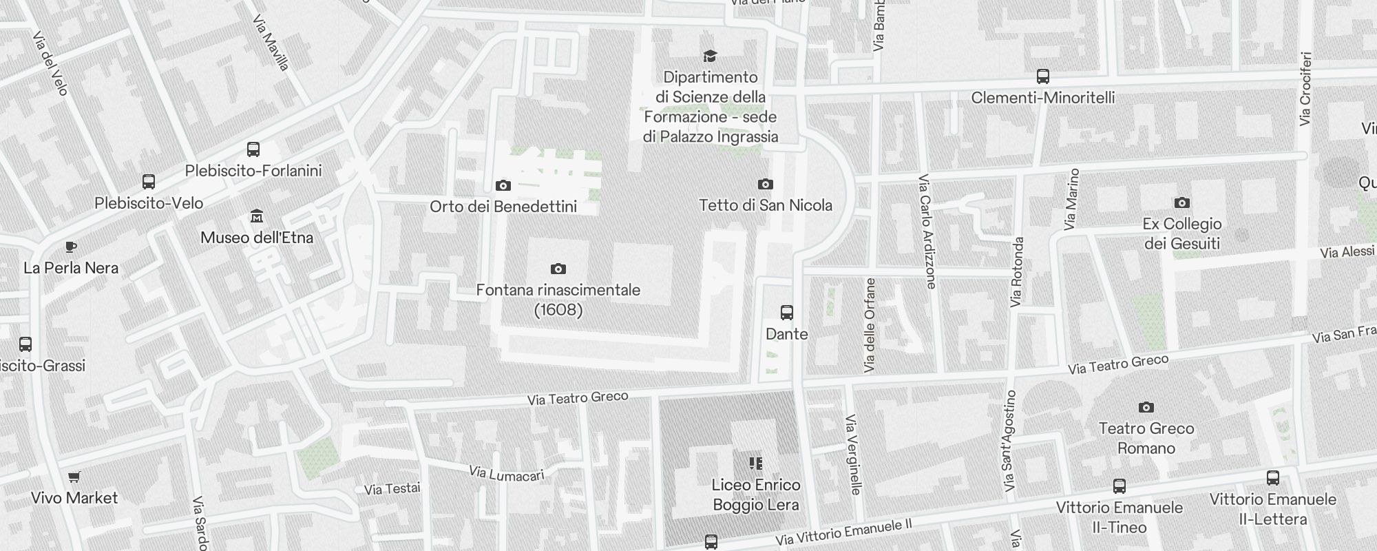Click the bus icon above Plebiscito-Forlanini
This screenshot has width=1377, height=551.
(x=253, y=149)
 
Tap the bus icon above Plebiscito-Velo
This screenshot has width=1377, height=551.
(x=149, y=182)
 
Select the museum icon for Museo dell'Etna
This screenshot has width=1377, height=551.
(x=257, y=216)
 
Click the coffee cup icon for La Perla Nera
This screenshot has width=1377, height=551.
(x=70, y=247)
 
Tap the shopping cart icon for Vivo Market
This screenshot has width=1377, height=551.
(x=74, y=477)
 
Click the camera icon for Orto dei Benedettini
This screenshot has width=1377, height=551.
(x=503, y=185)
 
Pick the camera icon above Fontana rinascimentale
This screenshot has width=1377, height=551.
(x=558, y=269)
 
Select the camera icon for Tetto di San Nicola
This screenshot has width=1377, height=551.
(x=765, y=184)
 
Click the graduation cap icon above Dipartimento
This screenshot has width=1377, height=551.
(x=710, y=56)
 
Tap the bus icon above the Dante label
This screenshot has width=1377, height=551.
(x=787, y=313)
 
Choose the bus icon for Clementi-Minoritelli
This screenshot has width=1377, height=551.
(x=1043, y=76)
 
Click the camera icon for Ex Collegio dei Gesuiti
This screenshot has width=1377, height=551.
(x=1182, y=202)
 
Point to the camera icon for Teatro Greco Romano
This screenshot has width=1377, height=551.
(x=1146, y=407)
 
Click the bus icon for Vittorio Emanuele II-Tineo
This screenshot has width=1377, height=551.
(x=1120, y=486)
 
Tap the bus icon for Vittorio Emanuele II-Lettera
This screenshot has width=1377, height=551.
(x=1273, y=478)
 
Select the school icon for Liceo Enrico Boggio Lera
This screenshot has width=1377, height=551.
(x=756, y=464)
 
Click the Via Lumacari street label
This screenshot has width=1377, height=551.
(x=507, y=474)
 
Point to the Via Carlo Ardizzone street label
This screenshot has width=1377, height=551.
(x=927, y=231)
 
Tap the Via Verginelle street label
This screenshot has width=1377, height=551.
(x=853, y=455)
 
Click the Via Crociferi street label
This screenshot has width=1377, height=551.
(x=1305, y=89)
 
